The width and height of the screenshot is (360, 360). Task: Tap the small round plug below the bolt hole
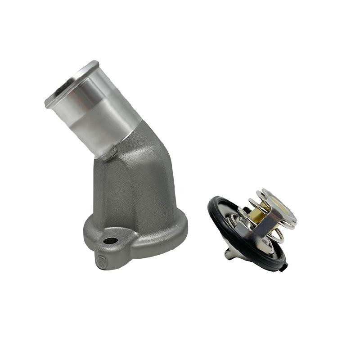pyautogui.click(x=100, y=261)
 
